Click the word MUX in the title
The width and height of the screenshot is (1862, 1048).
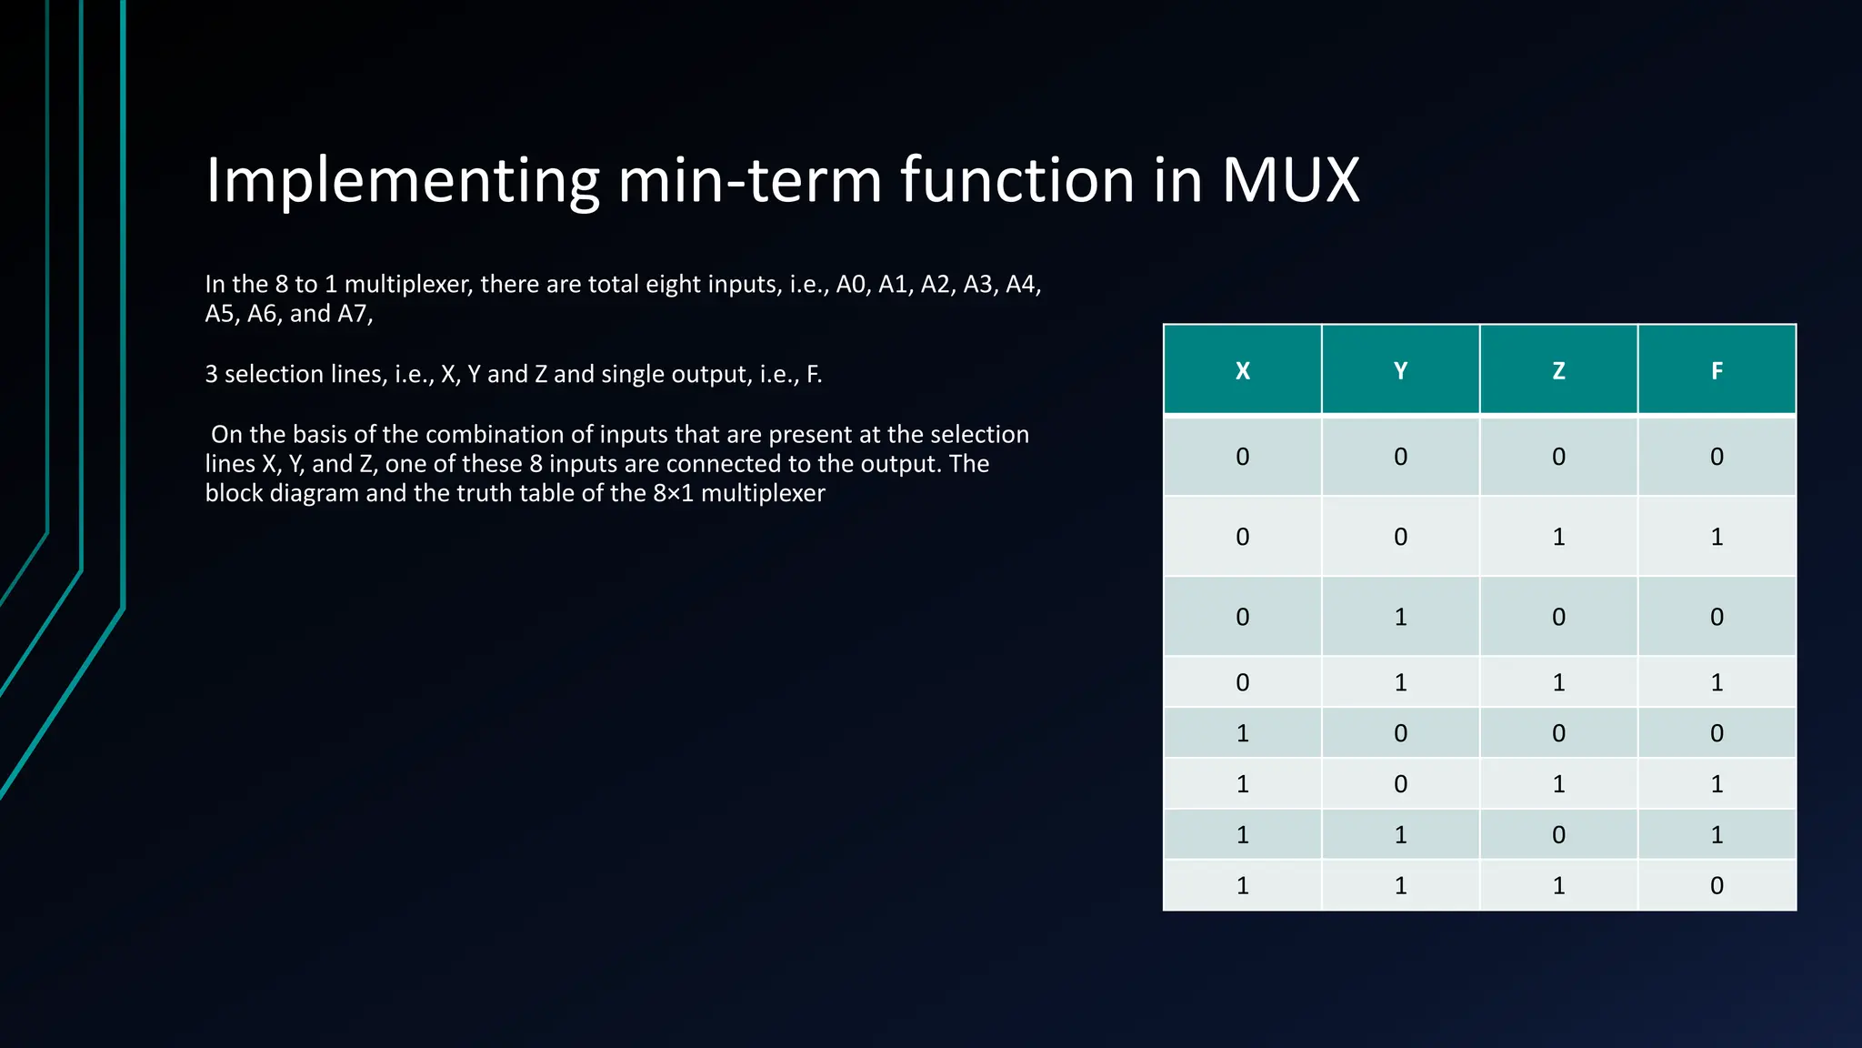click(x=1290, y=180)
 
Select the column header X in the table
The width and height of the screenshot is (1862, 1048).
click(x=1242, y=371)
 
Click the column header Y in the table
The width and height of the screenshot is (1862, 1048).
click(x=1400, y=371)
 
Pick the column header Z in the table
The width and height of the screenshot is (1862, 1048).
click(x=1558, y=371)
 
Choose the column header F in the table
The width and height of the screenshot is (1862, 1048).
click(x=1717, y=371)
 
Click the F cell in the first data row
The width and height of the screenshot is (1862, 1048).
click(x=1717, y=457)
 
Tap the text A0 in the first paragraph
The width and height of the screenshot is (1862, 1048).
click(x=851, y=285)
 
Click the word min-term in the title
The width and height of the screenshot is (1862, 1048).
click(x=750, y=180)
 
